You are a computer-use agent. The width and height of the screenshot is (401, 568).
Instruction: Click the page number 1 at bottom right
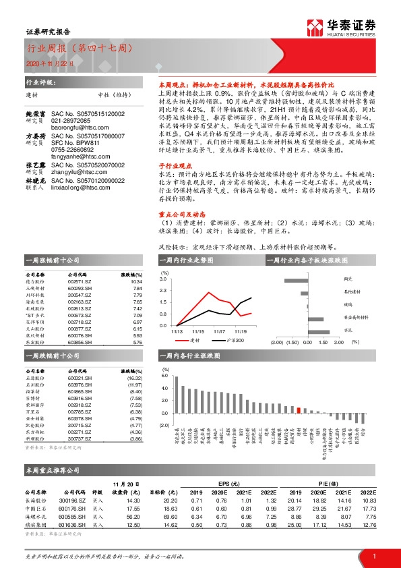(x=373, y=555)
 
